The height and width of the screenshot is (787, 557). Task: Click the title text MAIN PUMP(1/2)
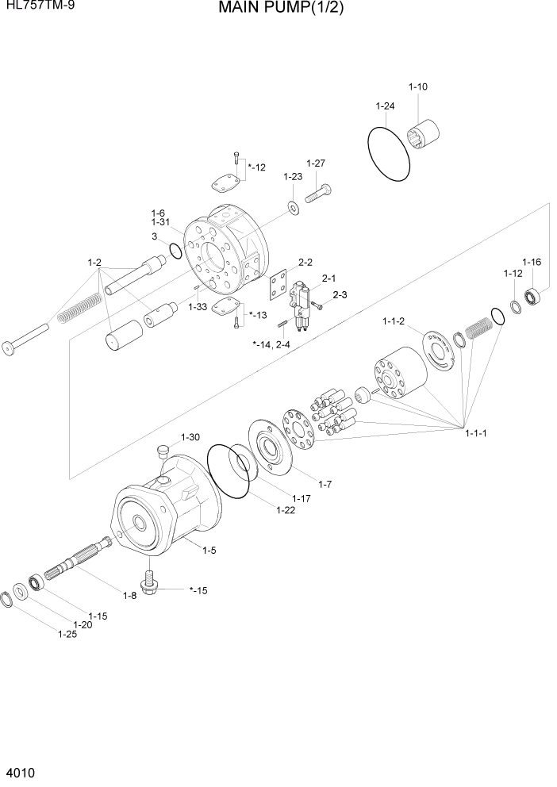(269, 9)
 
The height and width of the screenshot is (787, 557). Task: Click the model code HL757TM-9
(35, 6)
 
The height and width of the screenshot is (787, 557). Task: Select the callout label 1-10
(417, 86)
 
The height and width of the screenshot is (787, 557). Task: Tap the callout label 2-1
(328, 278)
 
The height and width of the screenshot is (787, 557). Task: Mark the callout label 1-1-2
(394, 321)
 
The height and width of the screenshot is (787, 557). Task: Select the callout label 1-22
(286, 509)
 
